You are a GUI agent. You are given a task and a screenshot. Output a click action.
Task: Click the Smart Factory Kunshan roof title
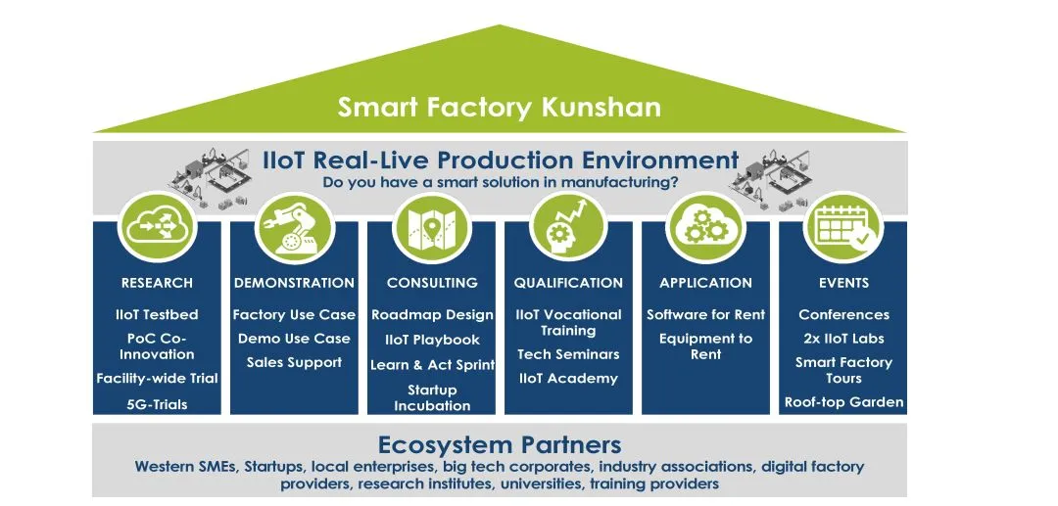[x=500, y=107]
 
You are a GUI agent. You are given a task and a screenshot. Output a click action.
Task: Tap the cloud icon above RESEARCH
[x=157, y=228]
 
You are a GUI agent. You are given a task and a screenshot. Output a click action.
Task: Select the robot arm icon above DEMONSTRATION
[x=294, y=228]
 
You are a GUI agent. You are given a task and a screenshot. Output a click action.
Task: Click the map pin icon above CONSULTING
[x=432, y=228]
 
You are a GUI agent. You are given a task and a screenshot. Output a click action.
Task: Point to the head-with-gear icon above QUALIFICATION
[x=569, y=228]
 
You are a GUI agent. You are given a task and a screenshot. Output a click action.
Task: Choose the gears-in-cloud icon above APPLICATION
[x=705, y=228]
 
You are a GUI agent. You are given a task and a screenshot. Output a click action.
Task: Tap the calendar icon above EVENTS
[x=843, y=228]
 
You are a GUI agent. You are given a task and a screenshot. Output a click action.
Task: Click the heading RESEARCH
[x=157, y=283]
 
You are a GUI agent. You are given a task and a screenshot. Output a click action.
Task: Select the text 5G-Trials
[x=157, y=405]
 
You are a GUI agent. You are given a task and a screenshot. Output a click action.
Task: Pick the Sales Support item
[x=294, y=362]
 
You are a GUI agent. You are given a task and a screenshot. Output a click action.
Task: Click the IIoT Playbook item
[x=432, y=341]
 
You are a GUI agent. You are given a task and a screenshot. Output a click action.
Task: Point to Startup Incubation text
[x=432, y=397]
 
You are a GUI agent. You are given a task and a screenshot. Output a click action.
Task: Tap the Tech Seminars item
[x=568, y=354]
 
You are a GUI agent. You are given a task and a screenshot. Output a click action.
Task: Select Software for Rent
[x=705, y=314]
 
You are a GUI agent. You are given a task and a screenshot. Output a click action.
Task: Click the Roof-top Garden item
[x=843, y=403]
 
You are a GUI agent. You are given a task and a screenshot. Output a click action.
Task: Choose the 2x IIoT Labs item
[x=843, y=339]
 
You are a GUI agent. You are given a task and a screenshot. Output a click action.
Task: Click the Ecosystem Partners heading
[x=500, y=445]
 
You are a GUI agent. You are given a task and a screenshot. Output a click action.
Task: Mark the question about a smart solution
[x=500, y=182]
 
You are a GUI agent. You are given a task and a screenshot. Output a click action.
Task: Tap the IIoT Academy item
[x=568, y=379]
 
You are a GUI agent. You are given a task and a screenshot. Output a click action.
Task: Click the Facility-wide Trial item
[x=157, y=379]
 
